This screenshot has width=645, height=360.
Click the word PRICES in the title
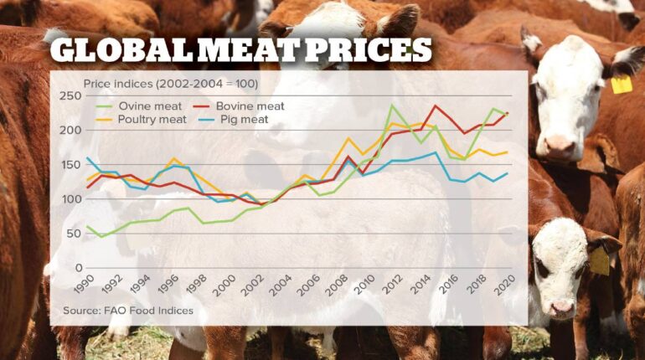point(369,52)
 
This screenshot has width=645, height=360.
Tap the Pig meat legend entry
point(239,120)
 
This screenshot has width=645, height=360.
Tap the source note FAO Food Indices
point(128,311)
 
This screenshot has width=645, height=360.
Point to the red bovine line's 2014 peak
point(435,106)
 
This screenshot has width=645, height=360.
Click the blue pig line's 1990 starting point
point(87,158)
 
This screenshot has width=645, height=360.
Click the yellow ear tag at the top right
point(621,85)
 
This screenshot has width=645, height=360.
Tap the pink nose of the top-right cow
point(560,146)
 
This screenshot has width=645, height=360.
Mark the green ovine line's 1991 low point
point(101,237)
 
